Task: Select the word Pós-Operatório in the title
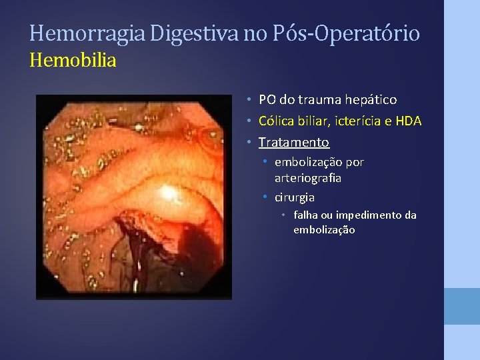(x=345, y=33)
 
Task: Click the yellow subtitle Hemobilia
(x=73, y=61)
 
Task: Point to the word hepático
(x=371, y=100)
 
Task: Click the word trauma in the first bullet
(x=319, y=100)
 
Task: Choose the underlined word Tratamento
(x=294, y=142)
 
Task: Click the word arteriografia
(x=308, y=178)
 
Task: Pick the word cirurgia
(x=295, y=197)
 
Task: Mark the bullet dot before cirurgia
(x=265, y=197)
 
